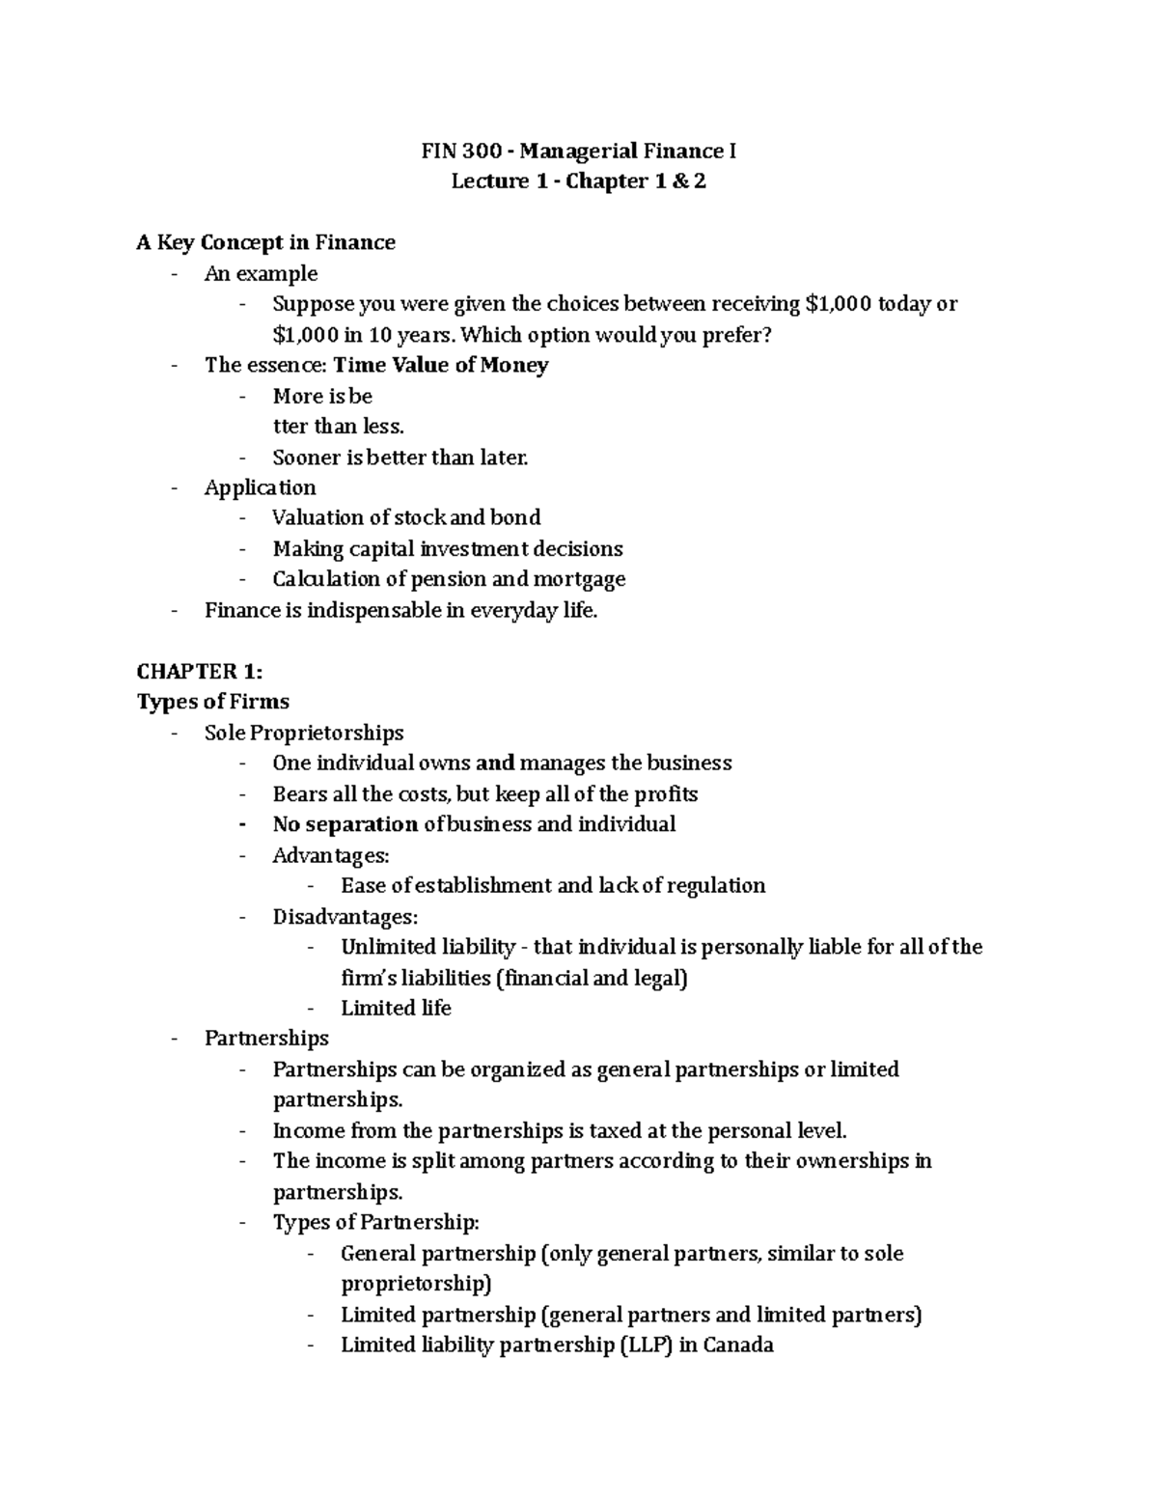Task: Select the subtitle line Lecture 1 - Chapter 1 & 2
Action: click(x=578, y=181)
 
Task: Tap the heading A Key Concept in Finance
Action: click(x=265, y=242)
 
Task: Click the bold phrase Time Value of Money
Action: click(x=440, y=365)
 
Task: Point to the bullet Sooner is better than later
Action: click(x=400, y=458)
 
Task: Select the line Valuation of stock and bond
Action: click(x=406, y=517)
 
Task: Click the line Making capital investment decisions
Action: click(x=447, y=549)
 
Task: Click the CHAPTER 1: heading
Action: click(x=199, y=671)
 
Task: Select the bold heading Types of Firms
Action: click(x=212, y=702)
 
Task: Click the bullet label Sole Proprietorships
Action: click(x=304, y=733)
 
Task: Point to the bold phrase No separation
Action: click(x=345, y=824)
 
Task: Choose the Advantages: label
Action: click(x=331, y=855)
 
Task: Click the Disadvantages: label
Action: click(x=345, y=916)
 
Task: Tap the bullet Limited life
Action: click(x=396, y=1008)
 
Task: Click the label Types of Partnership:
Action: click(x=375, y=1223)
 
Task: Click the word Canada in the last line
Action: click(x=738, y=1345)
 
